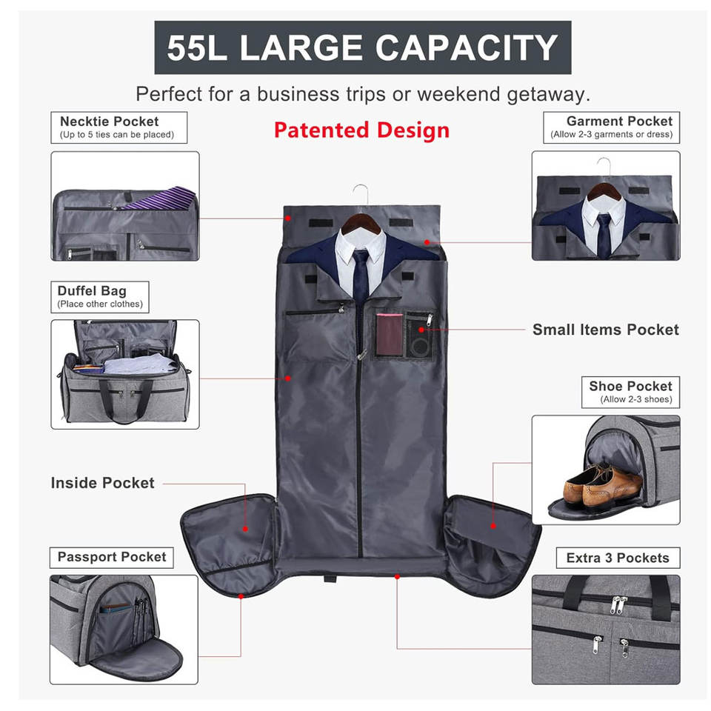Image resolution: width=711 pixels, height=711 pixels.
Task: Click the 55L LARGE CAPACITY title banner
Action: pos(362,47)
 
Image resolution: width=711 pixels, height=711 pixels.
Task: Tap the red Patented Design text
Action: pos(361,130)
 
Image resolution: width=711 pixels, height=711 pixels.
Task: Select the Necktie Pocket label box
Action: pos(118,127)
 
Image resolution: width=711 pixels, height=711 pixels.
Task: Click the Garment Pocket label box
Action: pos(611,127)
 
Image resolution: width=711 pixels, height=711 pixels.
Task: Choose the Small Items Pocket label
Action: pos(605,330)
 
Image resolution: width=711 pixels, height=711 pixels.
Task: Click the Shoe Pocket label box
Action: pos(630,392)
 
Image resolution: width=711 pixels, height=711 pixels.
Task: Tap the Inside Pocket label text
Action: pos(102,483)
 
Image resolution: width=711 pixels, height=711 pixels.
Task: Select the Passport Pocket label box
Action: pos(112,558)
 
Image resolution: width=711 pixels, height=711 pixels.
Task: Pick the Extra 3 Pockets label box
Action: pos(617,558)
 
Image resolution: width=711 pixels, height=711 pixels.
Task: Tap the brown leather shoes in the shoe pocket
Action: pos(601,485)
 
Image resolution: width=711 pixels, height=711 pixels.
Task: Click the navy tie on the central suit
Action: pos(361,281)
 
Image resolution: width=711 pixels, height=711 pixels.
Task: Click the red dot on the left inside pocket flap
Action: pos(245,529)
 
